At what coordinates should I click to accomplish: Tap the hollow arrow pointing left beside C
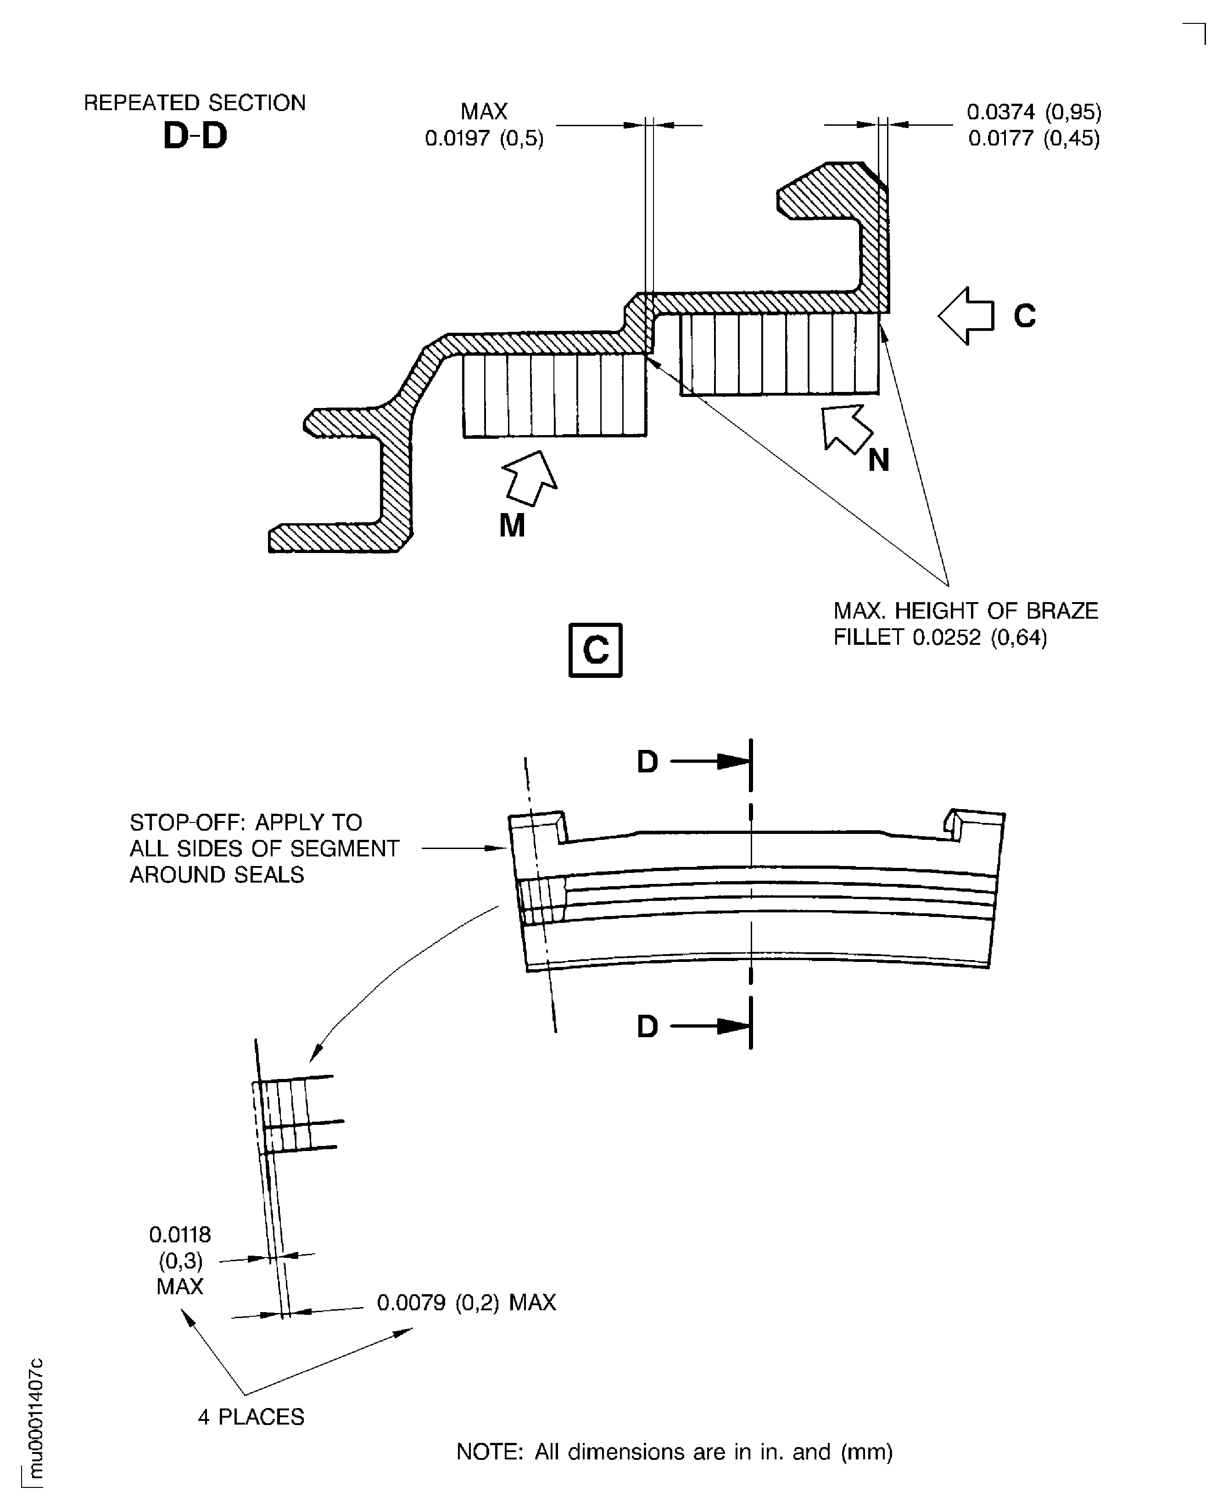(x=966, y=316)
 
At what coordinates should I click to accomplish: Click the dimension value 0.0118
(x=180, y=1235)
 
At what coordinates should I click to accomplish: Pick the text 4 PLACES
(x=251, y=1417)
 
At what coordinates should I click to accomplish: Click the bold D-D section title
(x=195, y=136)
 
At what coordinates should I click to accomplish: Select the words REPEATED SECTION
(x=195, y=103)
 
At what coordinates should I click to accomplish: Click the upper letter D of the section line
(x=647, y=762)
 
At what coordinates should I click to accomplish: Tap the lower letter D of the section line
(x=647, y=1027)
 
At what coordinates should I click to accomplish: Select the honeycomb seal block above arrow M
(x=555, y=396)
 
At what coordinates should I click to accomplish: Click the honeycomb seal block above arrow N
(x=780, y=354)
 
